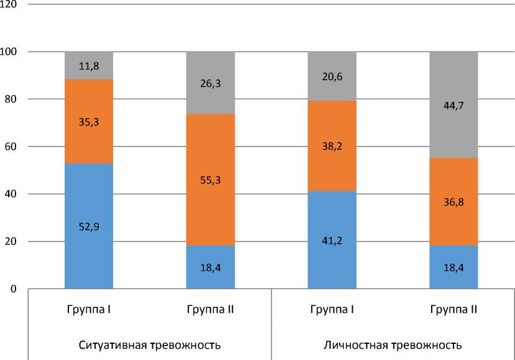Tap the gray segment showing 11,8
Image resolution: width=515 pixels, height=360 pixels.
tap(89, 65)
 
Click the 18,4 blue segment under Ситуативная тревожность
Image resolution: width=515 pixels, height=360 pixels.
tap(211, 267)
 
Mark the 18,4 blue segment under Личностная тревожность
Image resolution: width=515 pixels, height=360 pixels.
tap(454, 267)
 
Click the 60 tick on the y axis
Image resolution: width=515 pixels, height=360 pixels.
tap(12, 146)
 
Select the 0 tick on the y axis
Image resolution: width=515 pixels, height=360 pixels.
tap(14, 289)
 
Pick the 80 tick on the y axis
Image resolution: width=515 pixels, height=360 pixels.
tap(12, 99)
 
